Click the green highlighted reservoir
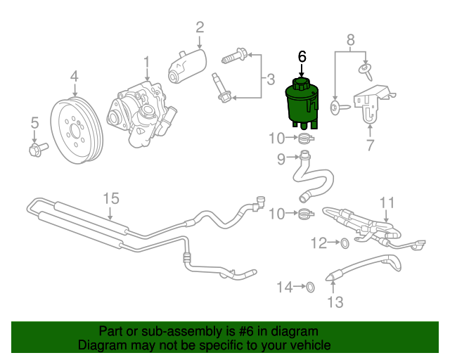pos(302,105)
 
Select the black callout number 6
pos(302,57)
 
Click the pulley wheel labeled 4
pos(77,131)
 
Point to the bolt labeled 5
pos(39,149)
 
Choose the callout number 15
pos(111,199)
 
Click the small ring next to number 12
pos(345,243)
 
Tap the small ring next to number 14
pos(311,287)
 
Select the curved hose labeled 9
pos(313,178)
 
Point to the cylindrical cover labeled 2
pos(187,66)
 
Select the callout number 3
pos(271,79)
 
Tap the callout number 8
pos(351,40)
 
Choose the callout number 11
pos(387,203)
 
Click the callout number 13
pos(335,302)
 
